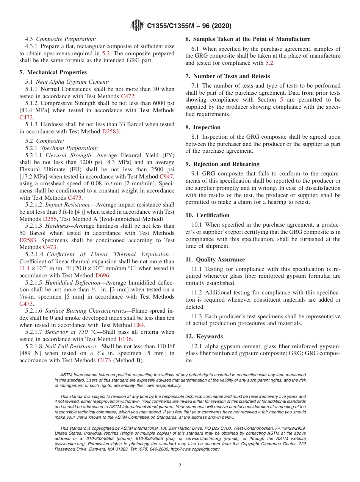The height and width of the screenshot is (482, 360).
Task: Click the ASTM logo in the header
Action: click(137, 25)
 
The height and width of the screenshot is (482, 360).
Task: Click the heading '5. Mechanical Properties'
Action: click(53, 72)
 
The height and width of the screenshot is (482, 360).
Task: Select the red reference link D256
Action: click(50, 219)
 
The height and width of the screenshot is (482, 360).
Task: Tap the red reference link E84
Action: click(139, 325)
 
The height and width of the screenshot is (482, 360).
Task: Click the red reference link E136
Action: click(125, 339)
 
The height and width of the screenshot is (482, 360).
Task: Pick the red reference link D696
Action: click(102, 275)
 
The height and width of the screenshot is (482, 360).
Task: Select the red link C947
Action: click(167, 177)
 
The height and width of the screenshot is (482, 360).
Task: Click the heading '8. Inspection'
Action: click(203, 127)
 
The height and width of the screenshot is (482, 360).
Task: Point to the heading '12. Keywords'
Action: click(204, 336)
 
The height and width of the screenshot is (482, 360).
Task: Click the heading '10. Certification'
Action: click(207, 215)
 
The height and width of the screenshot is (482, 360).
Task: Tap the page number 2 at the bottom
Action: click(180, 466)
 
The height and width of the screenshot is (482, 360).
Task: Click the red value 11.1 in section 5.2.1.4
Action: click(24, 268)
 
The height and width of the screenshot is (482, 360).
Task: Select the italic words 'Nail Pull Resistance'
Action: click(70, 346)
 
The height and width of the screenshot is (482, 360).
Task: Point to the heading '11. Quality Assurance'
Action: click(215, 260)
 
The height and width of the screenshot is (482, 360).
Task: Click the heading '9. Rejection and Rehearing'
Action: click(222, 164)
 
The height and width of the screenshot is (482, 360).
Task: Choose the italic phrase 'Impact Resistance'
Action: click(67, 205)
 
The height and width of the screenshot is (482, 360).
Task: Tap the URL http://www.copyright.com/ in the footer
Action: click(196, 449)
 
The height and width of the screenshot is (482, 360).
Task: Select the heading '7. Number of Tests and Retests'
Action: click(228, 76)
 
